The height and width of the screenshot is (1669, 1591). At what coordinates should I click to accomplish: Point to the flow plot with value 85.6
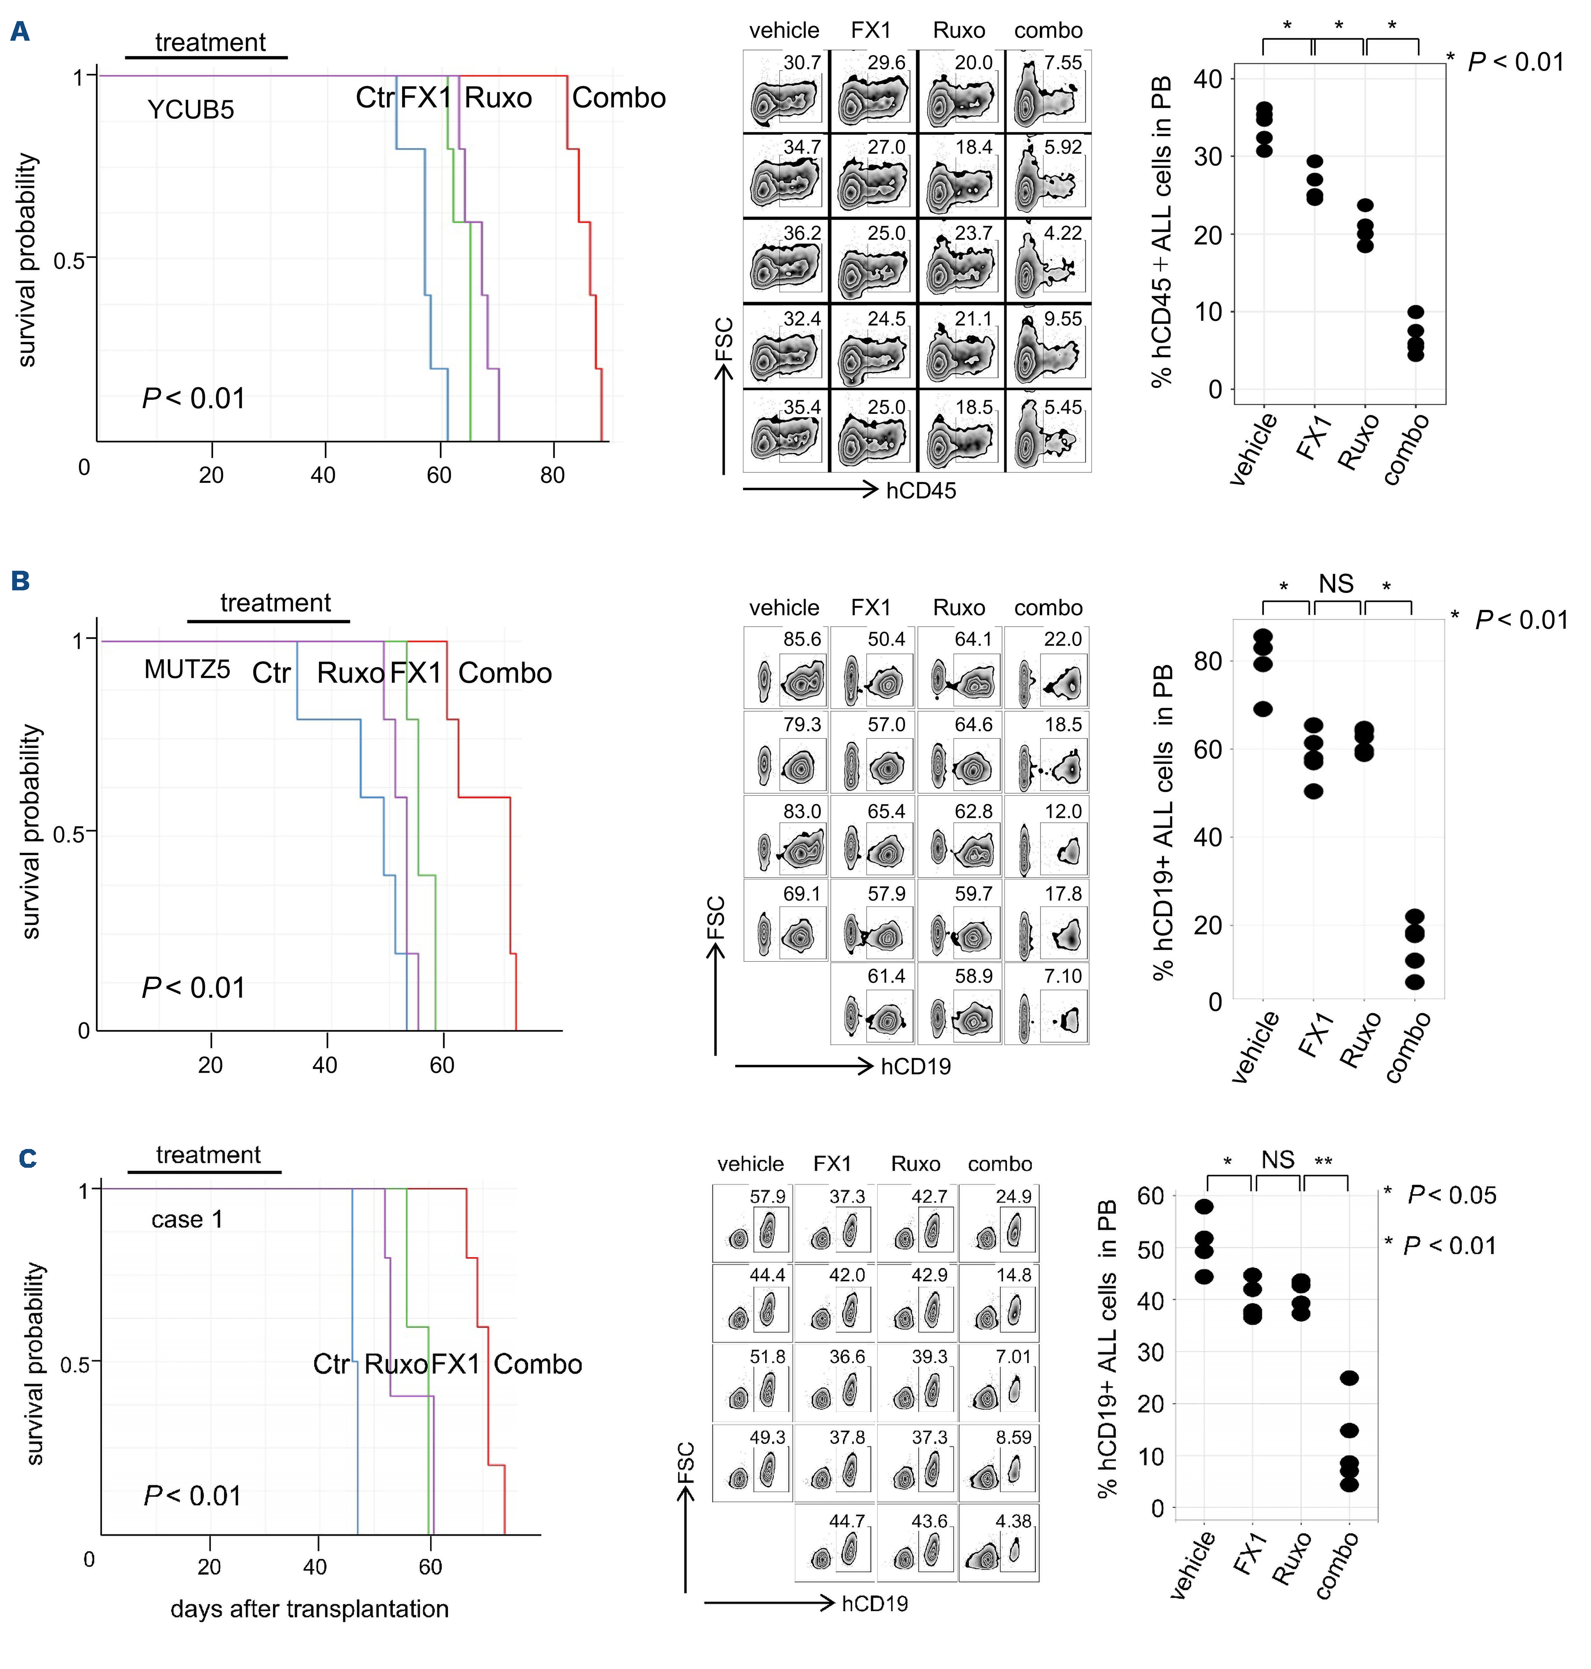pyautogui.click(x=785, y=667)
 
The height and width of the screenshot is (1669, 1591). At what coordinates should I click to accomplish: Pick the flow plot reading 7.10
pyautogui.click(x=1047, y=1003)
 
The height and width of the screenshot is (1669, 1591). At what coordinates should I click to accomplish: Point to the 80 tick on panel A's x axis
pyautogui.click(x=552, y=475)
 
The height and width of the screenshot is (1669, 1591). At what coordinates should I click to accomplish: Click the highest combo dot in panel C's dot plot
pyautogui.click(x=1348, y=1378)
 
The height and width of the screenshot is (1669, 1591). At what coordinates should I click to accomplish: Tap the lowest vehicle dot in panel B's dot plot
pyautogui.click(x=1263, y=709)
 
